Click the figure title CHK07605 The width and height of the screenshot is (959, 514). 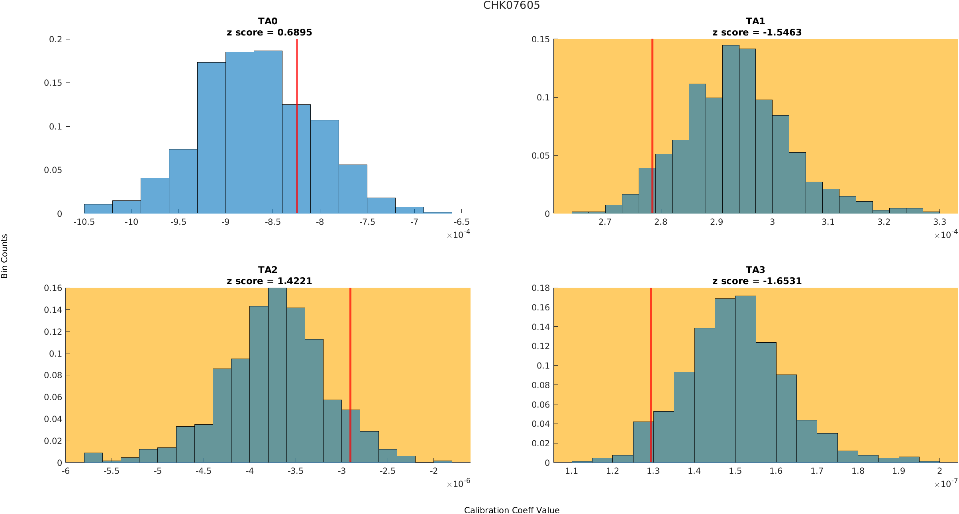[x=511, y=6]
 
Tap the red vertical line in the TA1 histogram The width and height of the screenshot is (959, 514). [x=652, y=120]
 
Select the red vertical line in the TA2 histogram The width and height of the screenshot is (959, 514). [x=350, y=359]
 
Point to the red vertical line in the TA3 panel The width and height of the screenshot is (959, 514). [x=651, y=359]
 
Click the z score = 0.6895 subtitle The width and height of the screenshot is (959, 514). [x=269, y=33]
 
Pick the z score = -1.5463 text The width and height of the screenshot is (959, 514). [x=757, y=33]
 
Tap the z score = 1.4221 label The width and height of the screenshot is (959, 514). [x=269, y=281]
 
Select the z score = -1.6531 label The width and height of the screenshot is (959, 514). [x=757, y=281]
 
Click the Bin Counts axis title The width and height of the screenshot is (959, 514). [x=5, y=256]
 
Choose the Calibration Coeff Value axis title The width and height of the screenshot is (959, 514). [x=512, y=510]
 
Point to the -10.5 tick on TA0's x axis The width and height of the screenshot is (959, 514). [x=84, y=222]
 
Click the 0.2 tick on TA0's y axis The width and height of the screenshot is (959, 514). [x=56, y=39]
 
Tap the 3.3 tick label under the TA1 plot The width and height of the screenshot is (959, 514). [x=939, y=222]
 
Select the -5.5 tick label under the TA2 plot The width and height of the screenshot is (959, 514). [x=112, y=471]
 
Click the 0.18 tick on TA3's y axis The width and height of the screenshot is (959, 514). [x=541, y=288]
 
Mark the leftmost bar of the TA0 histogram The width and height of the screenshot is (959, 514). [x=98, y=209]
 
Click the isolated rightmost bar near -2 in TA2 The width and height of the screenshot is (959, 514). [x=443, y=461]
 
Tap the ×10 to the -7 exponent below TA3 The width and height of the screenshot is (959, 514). [x=945, y=484]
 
